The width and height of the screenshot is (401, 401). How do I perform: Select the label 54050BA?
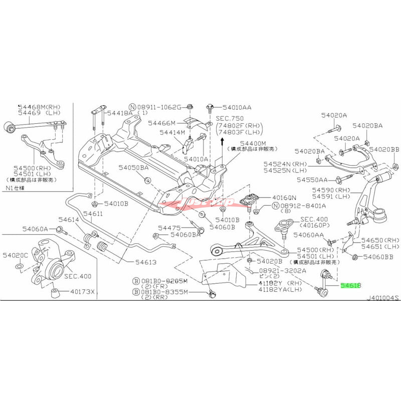(134, 167)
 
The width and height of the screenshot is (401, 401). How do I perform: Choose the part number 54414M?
(172, 133)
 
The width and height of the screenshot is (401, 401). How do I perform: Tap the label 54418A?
(120, 113)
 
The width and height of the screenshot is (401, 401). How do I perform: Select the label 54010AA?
(238, 107)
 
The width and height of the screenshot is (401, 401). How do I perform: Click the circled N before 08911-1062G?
(132, 107)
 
